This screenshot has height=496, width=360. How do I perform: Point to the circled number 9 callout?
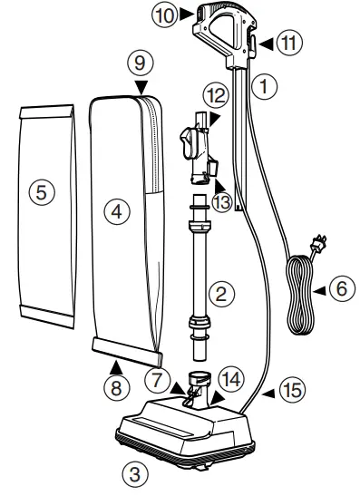tap(138, 66)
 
